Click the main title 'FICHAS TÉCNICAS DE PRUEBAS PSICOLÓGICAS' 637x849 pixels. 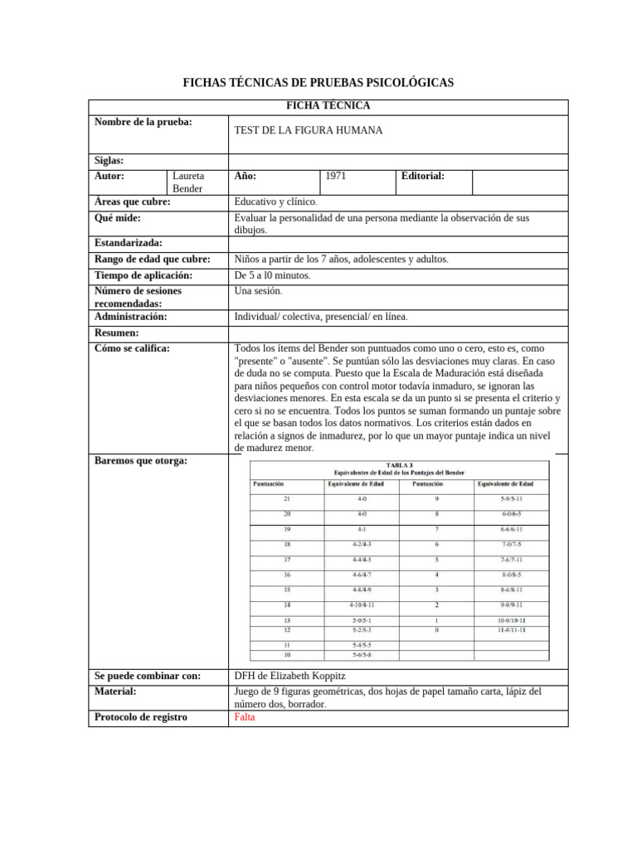click(318, 83)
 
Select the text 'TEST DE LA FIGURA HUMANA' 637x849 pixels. click(309, 131)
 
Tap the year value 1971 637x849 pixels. click(336, 176)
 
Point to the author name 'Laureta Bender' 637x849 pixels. click(187, 182)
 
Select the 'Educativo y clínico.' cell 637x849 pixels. click(276, 201)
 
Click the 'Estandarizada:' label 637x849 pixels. click(129, 243)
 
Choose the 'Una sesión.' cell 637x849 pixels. click(259, 291)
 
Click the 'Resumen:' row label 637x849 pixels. click(117, 332)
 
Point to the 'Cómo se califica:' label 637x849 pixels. click(132, 348)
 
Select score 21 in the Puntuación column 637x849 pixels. click(286, 498)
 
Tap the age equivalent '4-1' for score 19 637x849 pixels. click(362, 528)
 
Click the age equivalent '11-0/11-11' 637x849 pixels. click(512, 630)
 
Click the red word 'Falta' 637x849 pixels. click(246, 717)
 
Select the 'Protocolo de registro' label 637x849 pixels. click(141, 717)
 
